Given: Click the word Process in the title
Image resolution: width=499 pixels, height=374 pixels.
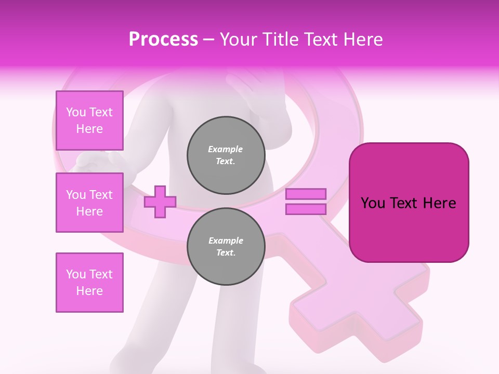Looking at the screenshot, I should (x=163, y=39).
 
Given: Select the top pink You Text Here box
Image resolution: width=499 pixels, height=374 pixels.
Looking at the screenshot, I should (x=89, y=121).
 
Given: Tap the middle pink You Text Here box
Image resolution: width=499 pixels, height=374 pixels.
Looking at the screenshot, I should (x=89, y=203).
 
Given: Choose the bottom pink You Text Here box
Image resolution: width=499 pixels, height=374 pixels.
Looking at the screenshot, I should (x=89, y=282).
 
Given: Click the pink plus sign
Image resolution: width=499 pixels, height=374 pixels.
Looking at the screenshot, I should (x=160, y=201).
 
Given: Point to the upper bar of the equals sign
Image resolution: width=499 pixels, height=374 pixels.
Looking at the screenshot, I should (x=306, y=194).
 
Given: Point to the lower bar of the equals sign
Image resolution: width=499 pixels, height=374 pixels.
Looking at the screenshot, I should (x=306, y=209).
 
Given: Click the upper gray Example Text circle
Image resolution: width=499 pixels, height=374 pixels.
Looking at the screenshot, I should (x=226, y=155).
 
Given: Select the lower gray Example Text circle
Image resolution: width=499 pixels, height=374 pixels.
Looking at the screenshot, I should (x=226, y=246).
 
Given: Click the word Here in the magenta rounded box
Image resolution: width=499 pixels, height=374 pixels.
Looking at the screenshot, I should (x=439, y=203).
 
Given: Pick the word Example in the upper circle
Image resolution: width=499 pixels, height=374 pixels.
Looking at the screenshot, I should (x=226, y=149).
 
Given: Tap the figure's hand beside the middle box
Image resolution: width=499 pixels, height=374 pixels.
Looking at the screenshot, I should (x=94, y=162).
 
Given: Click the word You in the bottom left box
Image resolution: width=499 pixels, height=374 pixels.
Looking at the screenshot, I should (x=76, y=274).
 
